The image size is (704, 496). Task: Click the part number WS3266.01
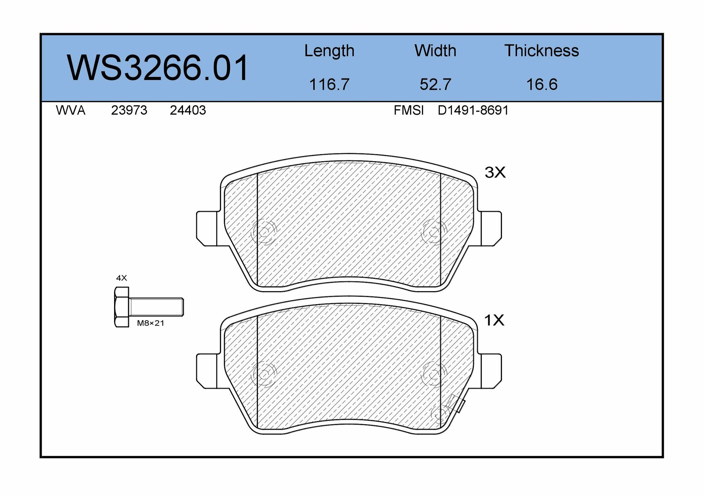coord(158,68)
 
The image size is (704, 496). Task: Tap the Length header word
coord(329,51)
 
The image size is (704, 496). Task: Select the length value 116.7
coord(329,84)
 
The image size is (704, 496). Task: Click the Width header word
coord(435,51)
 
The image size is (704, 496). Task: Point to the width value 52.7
coord(435,84)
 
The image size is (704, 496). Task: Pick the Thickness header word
coord(541,51)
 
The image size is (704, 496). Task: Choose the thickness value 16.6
coord(541,84)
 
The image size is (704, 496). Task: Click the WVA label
coord(70,111)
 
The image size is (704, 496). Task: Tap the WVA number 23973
coord(129,111)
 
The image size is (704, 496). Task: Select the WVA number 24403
coord(188,111)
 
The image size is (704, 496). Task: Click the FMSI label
coord(408,111)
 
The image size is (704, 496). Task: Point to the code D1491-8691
coord(473,111)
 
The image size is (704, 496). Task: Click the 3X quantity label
coord(495,172)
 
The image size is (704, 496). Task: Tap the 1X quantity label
coord(494,320)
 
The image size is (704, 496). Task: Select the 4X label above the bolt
coord(121,278)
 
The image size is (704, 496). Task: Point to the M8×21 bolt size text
coord(150,323)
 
